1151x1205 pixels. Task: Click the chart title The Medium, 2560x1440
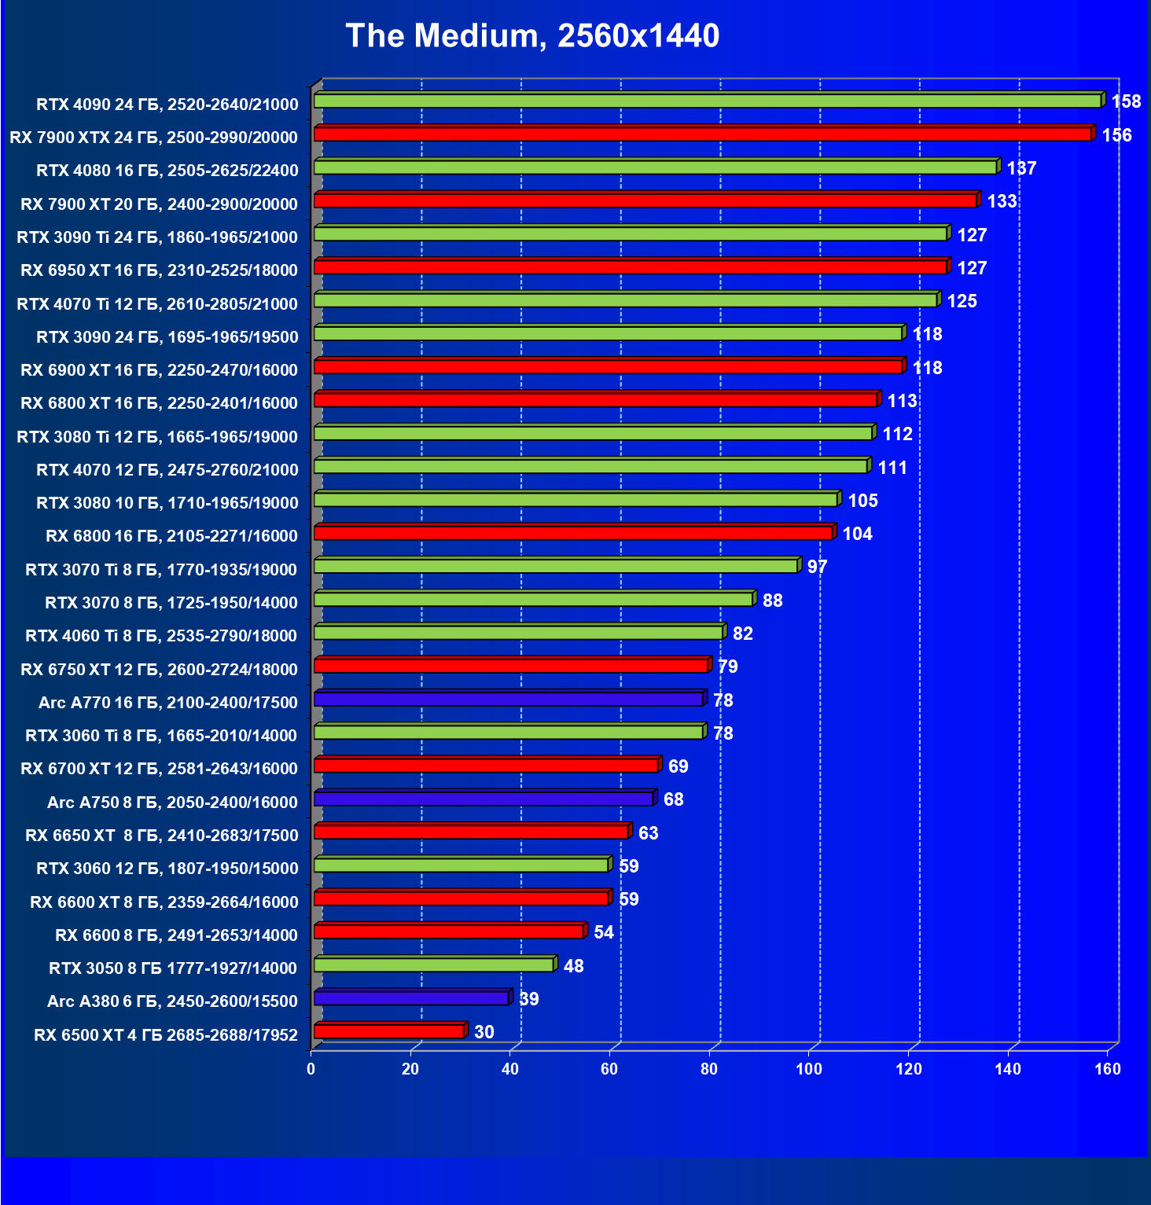tap(532, 36)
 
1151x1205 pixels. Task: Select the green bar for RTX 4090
tap(707, 101)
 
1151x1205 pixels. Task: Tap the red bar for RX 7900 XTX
tap(702, 134)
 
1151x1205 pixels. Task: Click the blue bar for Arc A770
tap(508, 700)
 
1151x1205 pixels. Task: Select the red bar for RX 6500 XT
tap(388, 1031)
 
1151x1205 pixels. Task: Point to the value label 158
tap(1126, 101)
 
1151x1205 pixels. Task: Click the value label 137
tap(1021, 168)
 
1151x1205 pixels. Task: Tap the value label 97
tap(817, 567)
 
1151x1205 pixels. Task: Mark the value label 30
tap(484, 1032)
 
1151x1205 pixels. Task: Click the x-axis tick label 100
tap(809, 1069)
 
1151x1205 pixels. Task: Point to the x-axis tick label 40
tap(510, 1069)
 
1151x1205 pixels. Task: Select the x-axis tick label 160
tap(1108, 1069)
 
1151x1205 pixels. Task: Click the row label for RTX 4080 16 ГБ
tap(167, 171)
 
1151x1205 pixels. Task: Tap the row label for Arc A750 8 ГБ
tap(172, 803)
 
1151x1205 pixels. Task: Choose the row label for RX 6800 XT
tap(159, 403)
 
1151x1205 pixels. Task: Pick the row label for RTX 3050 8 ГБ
tap(173, 968)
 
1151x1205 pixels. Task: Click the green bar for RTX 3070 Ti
tap(556, 566)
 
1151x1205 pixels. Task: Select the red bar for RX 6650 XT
tap(471, 832)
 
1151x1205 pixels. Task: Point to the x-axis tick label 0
tap(311, 1069)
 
